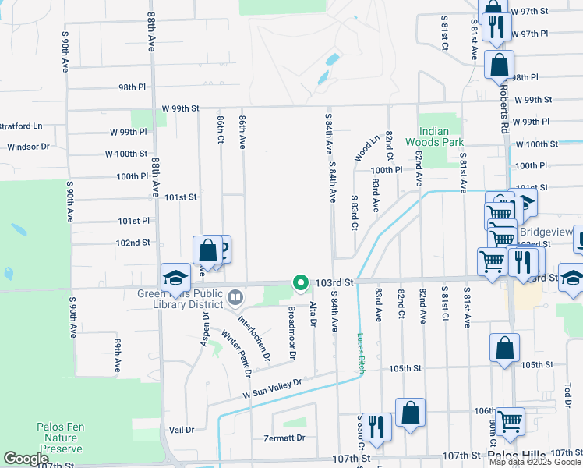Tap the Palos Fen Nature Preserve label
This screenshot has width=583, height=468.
[59, 438]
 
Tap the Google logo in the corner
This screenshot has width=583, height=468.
[26, 459]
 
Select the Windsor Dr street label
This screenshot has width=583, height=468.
[28, 147]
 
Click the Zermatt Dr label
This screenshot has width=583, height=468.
[283, 438]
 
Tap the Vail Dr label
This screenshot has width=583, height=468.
[181, 430]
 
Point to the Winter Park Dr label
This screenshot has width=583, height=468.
[235, 353]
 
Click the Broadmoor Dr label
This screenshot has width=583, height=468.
[291, 331]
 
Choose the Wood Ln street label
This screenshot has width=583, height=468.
[366, 147]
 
